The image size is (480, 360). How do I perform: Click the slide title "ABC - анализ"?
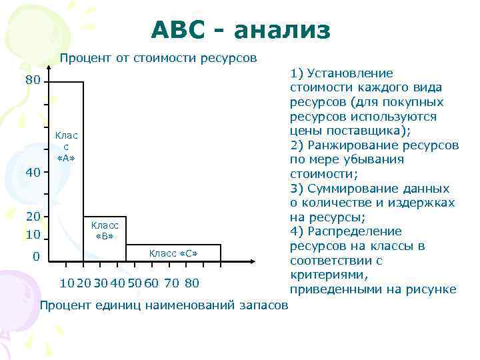click(240, 29)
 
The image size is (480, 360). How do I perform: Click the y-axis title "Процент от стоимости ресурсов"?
click(158, 58)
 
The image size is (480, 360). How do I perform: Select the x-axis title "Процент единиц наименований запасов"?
click(164, 305)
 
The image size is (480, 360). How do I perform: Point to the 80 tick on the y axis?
click(33, 81)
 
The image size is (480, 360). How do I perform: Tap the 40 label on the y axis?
click(33, 173)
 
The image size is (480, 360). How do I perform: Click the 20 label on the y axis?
click(33, 216)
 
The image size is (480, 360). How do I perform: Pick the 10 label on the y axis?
click(33, 235)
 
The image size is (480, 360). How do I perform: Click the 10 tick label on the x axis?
click(66, 283)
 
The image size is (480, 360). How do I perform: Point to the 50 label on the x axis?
click(134, 283)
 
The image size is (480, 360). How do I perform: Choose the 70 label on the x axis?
click(171, 283)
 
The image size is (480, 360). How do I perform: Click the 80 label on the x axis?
click(192, 283)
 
